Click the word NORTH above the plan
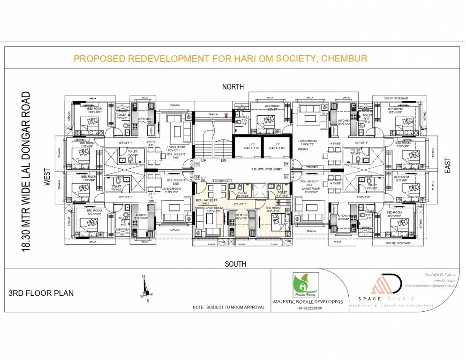pos(233,86)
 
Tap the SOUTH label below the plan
pos(235,264)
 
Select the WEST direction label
pos(47,179)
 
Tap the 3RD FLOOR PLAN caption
pos(41,293)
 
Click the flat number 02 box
pos(286,177)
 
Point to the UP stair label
pos(203,161)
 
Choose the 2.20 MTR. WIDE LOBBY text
pos(269,169)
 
